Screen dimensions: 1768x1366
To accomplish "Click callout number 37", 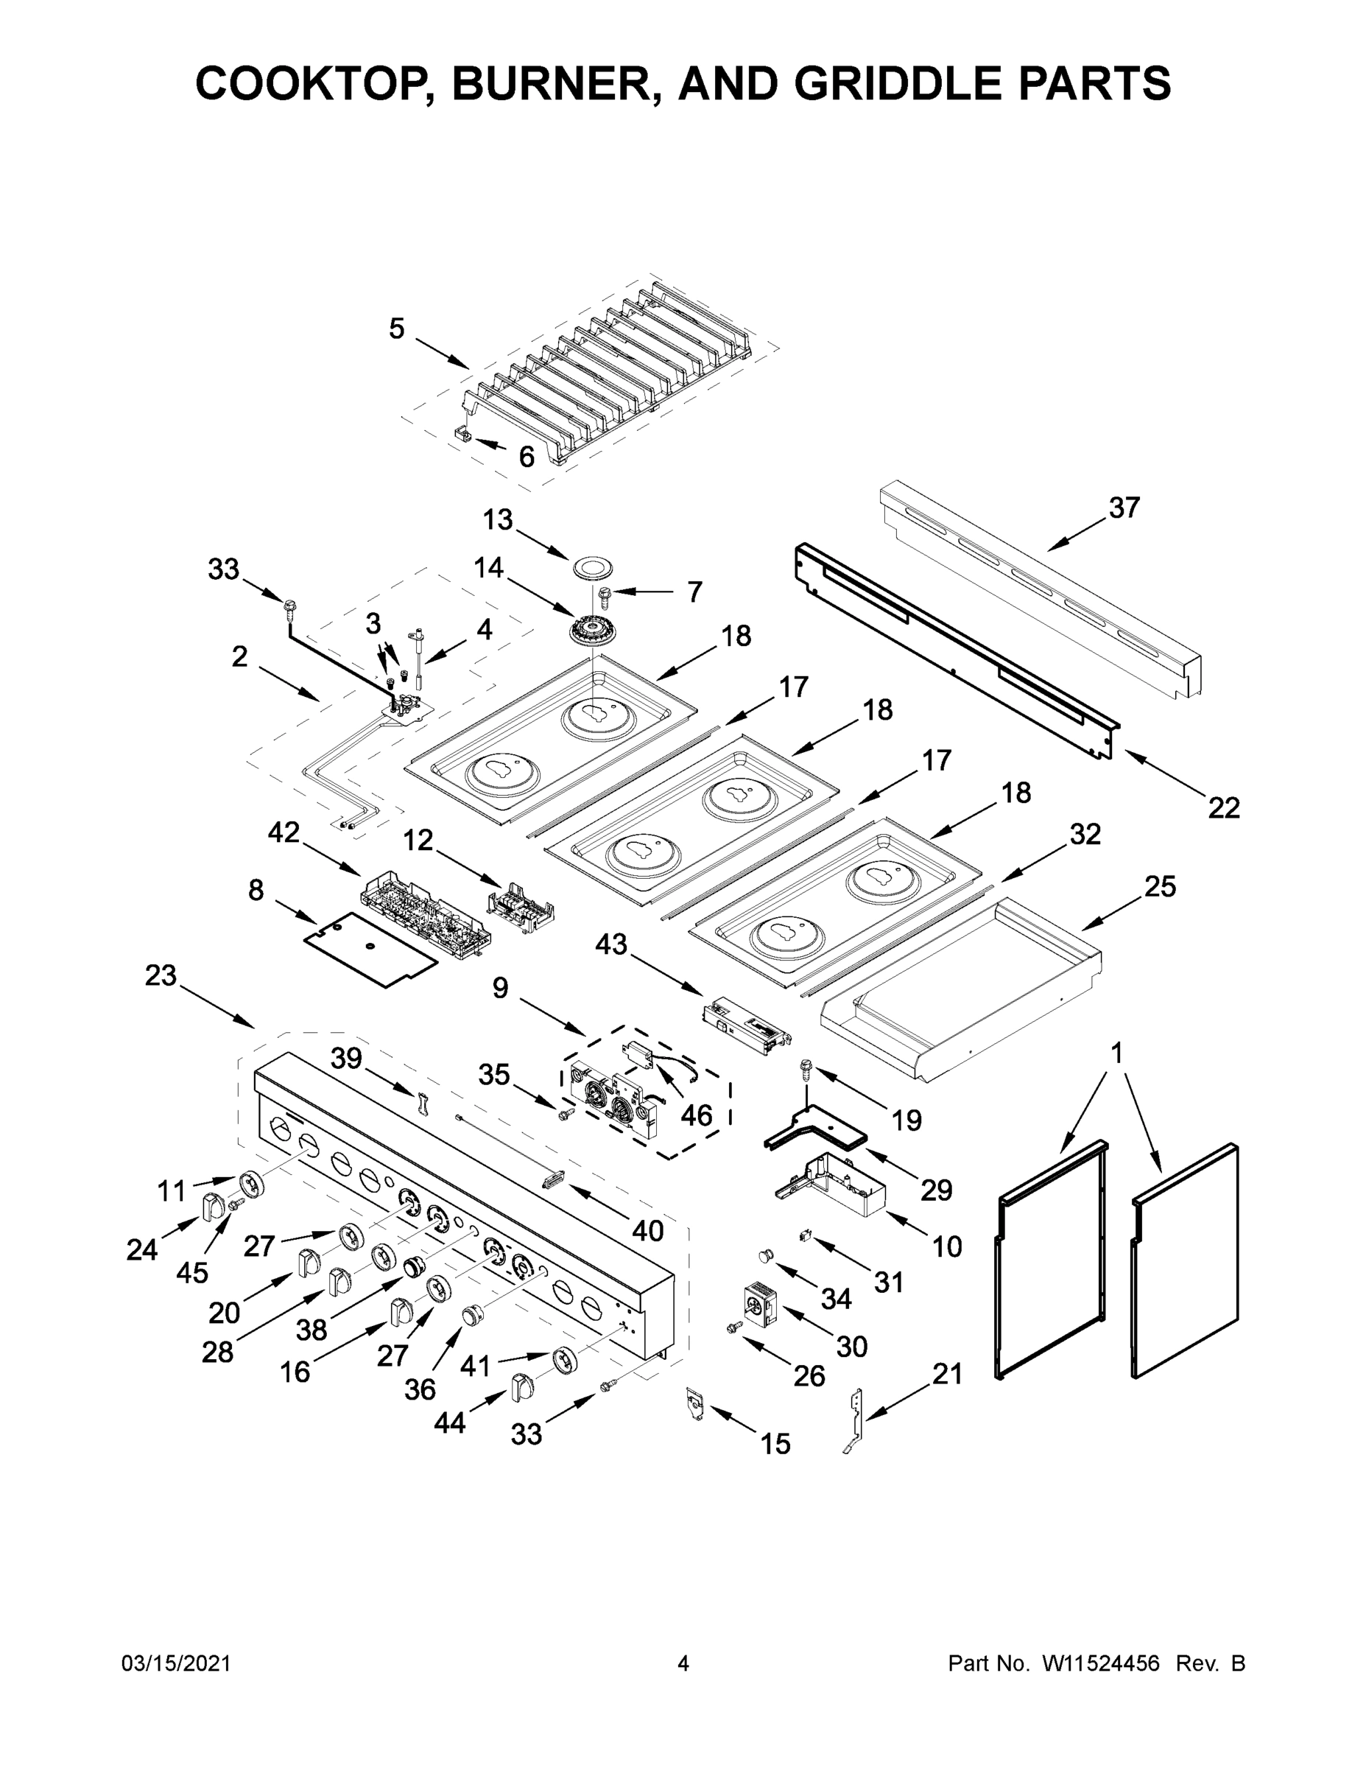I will pyautogui.click(x=1124, y=508).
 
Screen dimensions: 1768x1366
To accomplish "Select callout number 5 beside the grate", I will pyautogui.click(x=395, y=329).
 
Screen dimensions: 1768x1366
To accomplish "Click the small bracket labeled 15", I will pyautogui.click(x=694, y=1403).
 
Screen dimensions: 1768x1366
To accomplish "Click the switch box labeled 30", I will pyautogui.click(x=759, y=1304).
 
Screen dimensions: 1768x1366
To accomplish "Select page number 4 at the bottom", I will pyautogui.click(x=683, y=1663).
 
